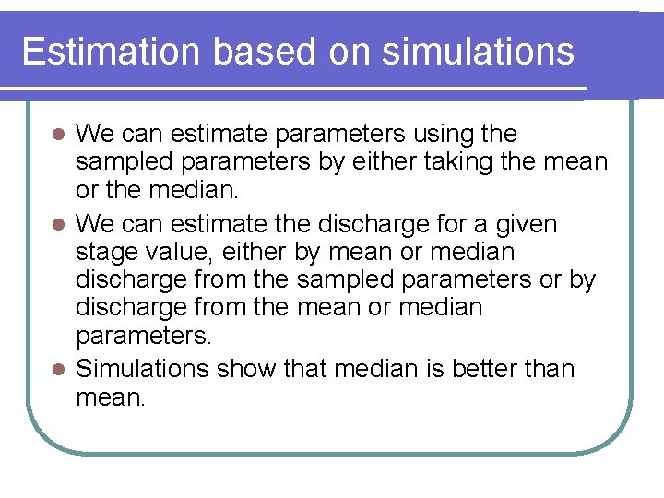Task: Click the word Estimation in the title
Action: pos(111,51)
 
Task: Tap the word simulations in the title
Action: pos(477,51)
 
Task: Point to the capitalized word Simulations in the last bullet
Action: pos(143,369)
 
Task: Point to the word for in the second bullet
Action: pos(454,224)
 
